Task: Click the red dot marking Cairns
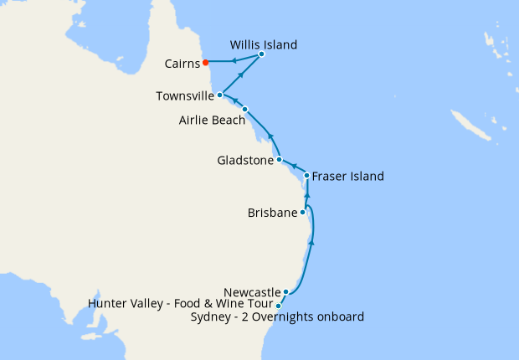(x=205, y=61)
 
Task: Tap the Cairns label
(x=182, y=62)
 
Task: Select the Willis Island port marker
(x=261, y=54)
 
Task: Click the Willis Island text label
(x=264, y=44)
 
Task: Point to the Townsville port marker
(x=219, y=95)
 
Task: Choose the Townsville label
(x=185, y=96)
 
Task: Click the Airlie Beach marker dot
(x=244, y=110)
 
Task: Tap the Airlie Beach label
(x=212, y=121)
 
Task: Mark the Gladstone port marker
(x=279, y=159)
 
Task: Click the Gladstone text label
(x=244, y=160)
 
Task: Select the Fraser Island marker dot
(x=307, y=176)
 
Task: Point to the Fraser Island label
(x=347, y=177)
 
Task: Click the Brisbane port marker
(x=303, y=213)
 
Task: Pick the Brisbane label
(x=273, y=213)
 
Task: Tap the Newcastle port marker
(x=286, y=292)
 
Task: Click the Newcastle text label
(x=253, y=292)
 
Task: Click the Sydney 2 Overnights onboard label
(x=277, y=316)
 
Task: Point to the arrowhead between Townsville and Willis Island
(x=241, y=75)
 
